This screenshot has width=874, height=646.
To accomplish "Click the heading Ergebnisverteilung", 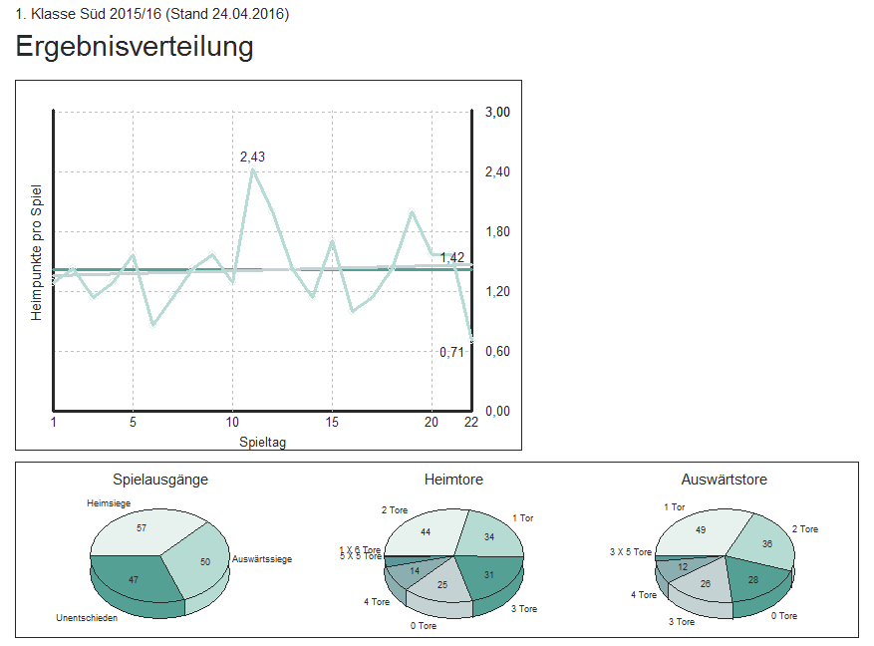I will tap(135, 47).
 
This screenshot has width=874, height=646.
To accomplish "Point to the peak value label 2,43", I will tap(252, 157).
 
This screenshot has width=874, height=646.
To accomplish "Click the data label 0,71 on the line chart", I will tap(452, 352).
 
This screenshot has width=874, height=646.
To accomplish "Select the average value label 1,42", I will tap(452, 257).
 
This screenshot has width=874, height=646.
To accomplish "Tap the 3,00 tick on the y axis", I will tap(497, 113).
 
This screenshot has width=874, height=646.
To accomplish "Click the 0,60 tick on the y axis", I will tap(497, 352).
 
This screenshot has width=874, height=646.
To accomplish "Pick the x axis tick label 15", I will tap(332, 422).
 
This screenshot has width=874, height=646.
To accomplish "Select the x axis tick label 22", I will tap(471, 422).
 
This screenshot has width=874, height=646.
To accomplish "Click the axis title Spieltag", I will tap(263, 441).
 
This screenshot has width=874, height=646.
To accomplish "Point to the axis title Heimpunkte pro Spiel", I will tap(37, 252).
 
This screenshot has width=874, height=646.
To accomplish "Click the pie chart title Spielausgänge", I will tap(160, 480).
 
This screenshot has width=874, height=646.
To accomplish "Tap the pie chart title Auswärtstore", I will tap(725, 480).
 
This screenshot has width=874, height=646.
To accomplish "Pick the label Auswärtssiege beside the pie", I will tap(261, 560).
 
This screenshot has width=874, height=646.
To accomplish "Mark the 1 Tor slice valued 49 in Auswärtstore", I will tap(700, 531).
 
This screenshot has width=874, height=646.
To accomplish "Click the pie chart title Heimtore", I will tap(453, 480).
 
